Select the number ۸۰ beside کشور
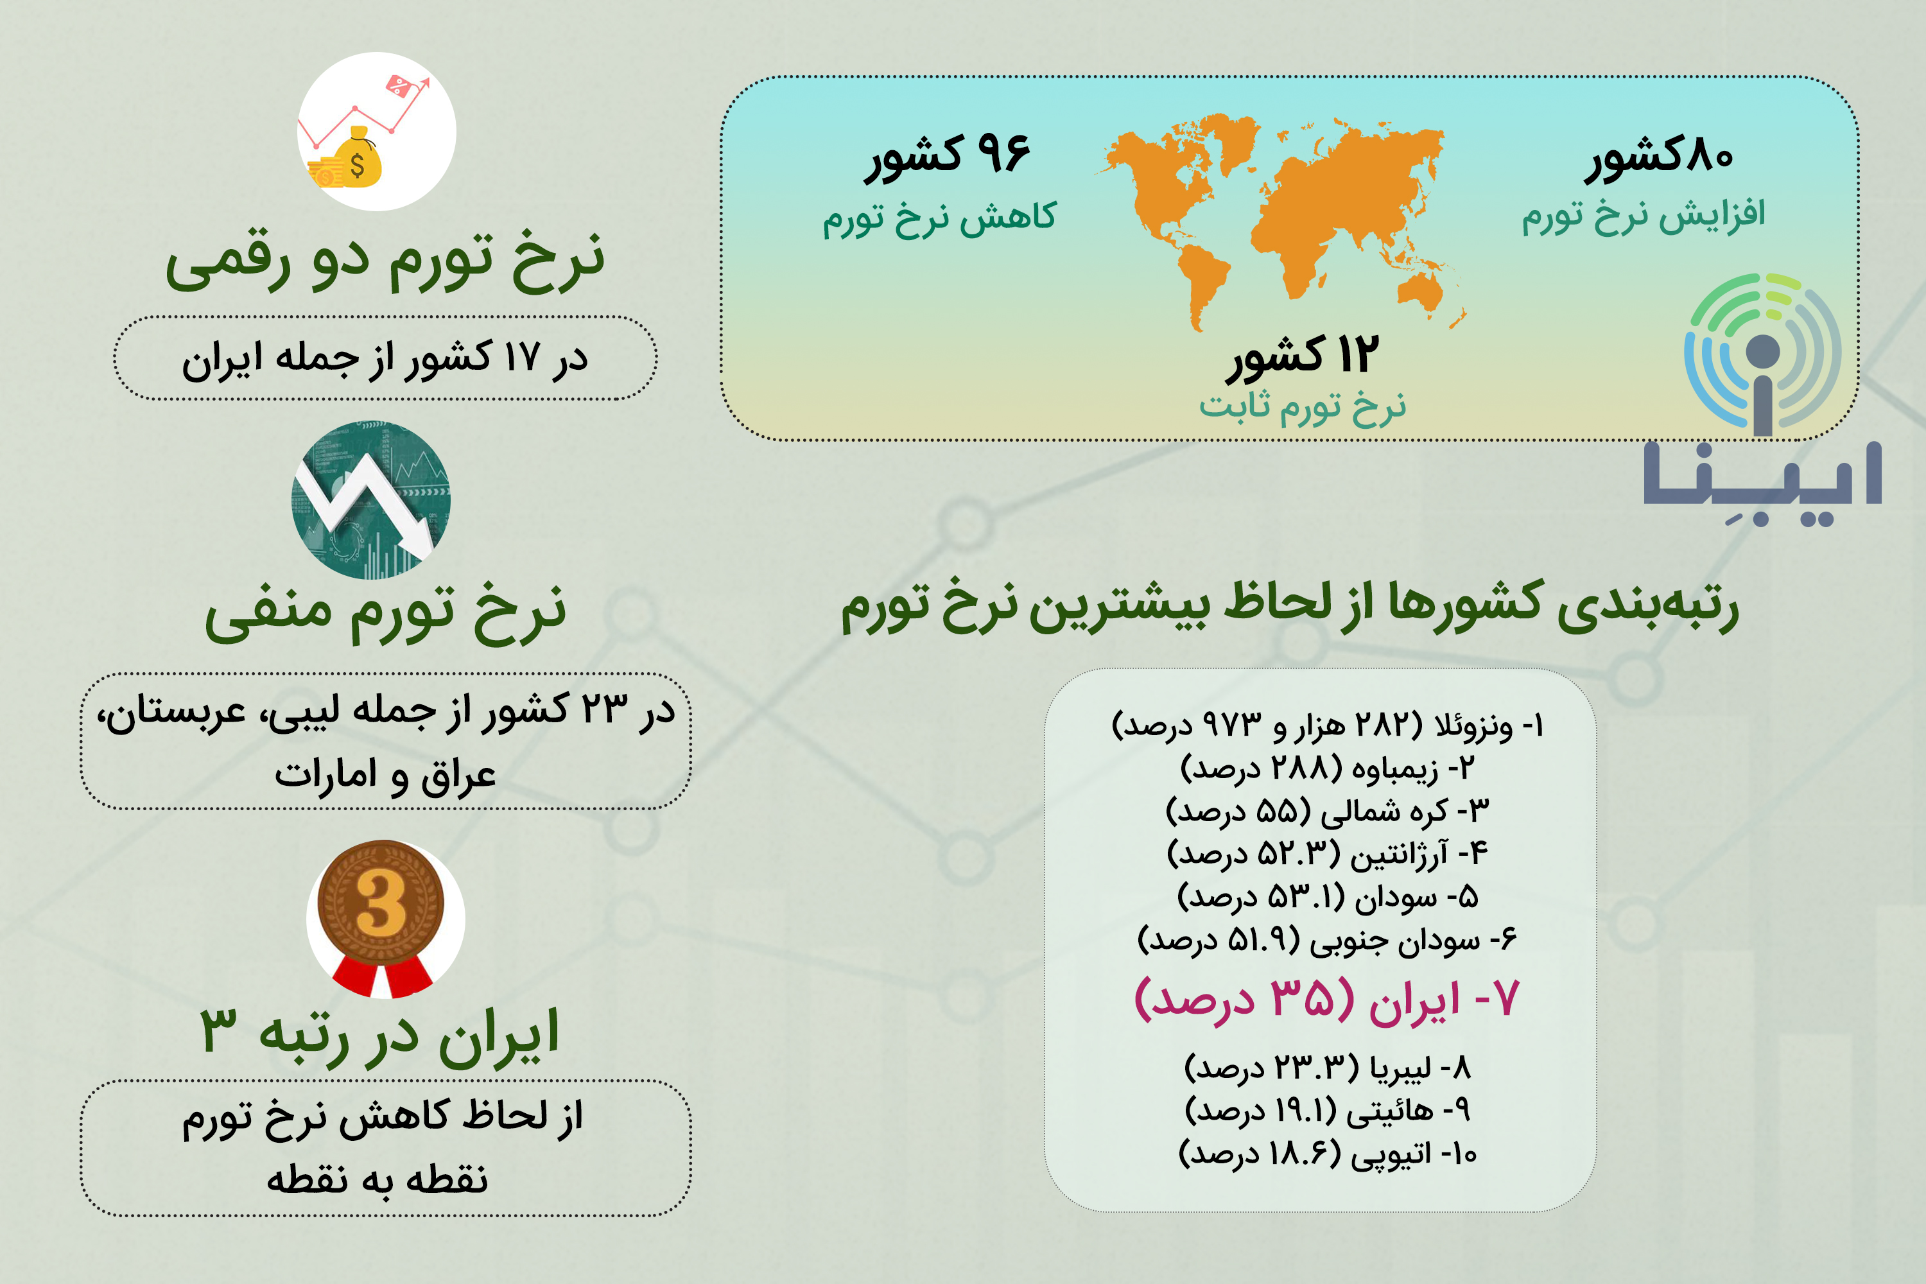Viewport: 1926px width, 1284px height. tap(1706, 155)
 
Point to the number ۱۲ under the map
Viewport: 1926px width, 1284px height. tap(1358, 356)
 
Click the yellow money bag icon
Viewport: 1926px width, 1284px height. tap(354, 157)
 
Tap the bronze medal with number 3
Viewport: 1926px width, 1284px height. tap(381, 917)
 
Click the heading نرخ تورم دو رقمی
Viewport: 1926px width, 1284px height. tap(385, 262)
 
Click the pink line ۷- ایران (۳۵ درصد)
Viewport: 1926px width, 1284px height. tap(1326, 1000)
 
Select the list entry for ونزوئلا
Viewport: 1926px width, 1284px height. tap(1326, 725)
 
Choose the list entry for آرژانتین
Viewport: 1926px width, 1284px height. tap(1326, 853)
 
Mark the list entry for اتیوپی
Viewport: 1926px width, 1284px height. tap(1326, 1153)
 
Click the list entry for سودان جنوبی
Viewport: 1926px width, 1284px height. tap(1326, 939)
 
